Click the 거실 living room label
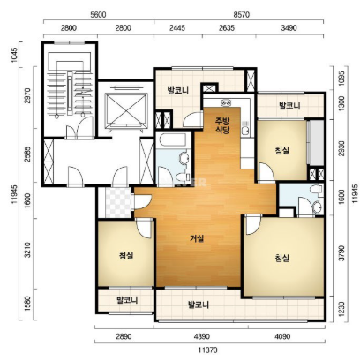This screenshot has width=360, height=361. coord(197,238)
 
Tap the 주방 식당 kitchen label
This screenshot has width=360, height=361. coord(222,125)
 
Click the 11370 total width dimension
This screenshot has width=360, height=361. coord(207,350)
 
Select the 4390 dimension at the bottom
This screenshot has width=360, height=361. coord(201,336)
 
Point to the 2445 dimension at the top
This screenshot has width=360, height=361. coord(177,28)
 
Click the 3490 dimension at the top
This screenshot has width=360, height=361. coord(289,28)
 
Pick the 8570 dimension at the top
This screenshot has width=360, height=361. coord(241,14)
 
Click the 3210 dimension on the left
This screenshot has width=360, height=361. coord(27,250)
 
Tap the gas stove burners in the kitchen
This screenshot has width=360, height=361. coord(226,102)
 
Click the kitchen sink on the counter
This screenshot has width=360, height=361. coord(245,129)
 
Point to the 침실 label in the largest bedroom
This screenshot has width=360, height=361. coord(282,258)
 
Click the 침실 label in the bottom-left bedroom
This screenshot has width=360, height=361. coord(126,255)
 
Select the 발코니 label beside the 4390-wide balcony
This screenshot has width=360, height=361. coord(199,305)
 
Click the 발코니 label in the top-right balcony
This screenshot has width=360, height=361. coord(289,105)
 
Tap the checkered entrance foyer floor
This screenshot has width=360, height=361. coord(118,203)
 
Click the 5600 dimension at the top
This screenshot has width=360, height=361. coord(98,14)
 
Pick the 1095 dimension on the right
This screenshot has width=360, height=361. coord(341,79)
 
